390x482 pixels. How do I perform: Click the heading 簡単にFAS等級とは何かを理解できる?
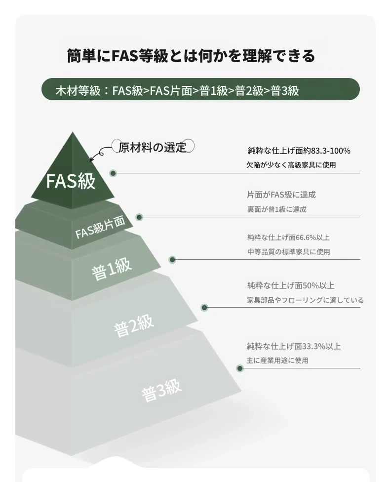coord(191,56)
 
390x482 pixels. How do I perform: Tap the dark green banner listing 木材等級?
coord(200,89)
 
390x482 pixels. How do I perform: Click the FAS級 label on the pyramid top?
coord(71,180)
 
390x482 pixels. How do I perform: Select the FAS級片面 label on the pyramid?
coord(100,227)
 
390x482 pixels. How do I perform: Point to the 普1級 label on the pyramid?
coord(112,269)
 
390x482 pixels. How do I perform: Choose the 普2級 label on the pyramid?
coord(134,326)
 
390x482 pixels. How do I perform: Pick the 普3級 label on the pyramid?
coord(161,391)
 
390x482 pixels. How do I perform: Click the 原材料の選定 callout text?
coord(153,147)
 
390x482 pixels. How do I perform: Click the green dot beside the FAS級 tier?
coord(113,173)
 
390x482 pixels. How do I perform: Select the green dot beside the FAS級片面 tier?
coord(139,217)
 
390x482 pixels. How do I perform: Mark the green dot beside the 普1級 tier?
coord(172,260)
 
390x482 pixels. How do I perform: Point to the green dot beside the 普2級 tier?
coord(204,307)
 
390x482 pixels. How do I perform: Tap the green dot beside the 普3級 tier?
coord(240,368)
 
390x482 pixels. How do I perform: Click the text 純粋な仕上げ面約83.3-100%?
coord(299,151)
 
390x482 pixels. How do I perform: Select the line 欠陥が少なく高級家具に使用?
coord(291,165)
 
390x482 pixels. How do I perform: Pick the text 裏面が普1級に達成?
coord(276,209)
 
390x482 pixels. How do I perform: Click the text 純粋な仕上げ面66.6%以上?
coord(288,238)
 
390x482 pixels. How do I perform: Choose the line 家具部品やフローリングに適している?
coord(305,300)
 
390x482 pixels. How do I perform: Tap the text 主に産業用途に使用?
coord(277,361)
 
